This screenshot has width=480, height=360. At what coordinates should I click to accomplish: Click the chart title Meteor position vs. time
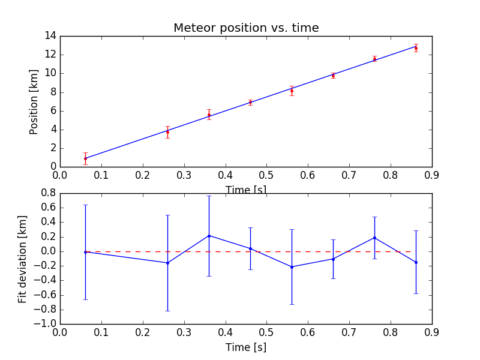(246, 28)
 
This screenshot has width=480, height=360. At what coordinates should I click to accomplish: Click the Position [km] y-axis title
(34, 101)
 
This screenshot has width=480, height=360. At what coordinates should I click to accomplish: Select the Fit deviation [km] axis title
(22, 258)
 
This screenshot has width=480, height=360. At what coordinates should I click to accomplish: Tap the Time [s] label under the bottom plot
(246, 347)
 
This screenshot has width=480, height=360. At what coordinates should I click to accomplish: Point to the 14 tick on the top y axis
(49, 36)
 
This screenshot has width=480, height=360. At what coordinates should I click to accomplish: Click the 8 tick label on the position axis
(52, 92)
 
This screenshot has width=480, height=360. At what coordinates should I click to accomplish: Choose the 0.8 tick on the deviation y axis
(48, 193)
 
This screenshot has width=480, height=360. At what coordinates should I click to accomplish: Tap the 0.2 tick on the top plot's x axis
(143, 176)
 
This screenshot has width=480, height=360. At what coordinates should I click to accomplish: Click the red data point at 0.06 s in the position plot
(85, 158)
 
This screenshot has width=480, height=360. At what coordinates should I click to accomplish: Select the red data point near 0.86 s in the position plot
(416, 48)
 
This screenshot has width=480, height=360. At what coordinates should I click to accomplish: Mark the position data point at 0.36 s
(209, 115)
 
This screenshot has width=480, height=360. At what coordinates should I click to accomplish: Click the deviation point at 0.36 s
(209, 236)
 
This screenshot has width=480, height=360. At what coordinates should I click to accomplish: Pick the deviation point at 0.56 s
(292, 267)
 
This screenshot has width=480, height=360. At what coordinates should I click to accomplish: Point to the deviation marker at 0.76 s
(374, 238)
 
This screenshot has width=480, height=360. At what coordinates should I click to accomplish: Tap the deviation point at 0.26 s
(167, 263)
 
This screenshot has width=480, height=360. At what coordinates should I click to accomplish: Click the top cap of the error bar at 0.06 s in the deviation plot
(85, 205)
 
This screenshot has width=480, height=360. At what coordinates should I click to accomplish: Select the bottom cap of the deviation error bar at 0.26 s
(167, 311)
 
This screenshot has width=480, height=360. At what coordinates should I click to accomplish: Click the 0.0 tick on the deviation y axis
(48, 251)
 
